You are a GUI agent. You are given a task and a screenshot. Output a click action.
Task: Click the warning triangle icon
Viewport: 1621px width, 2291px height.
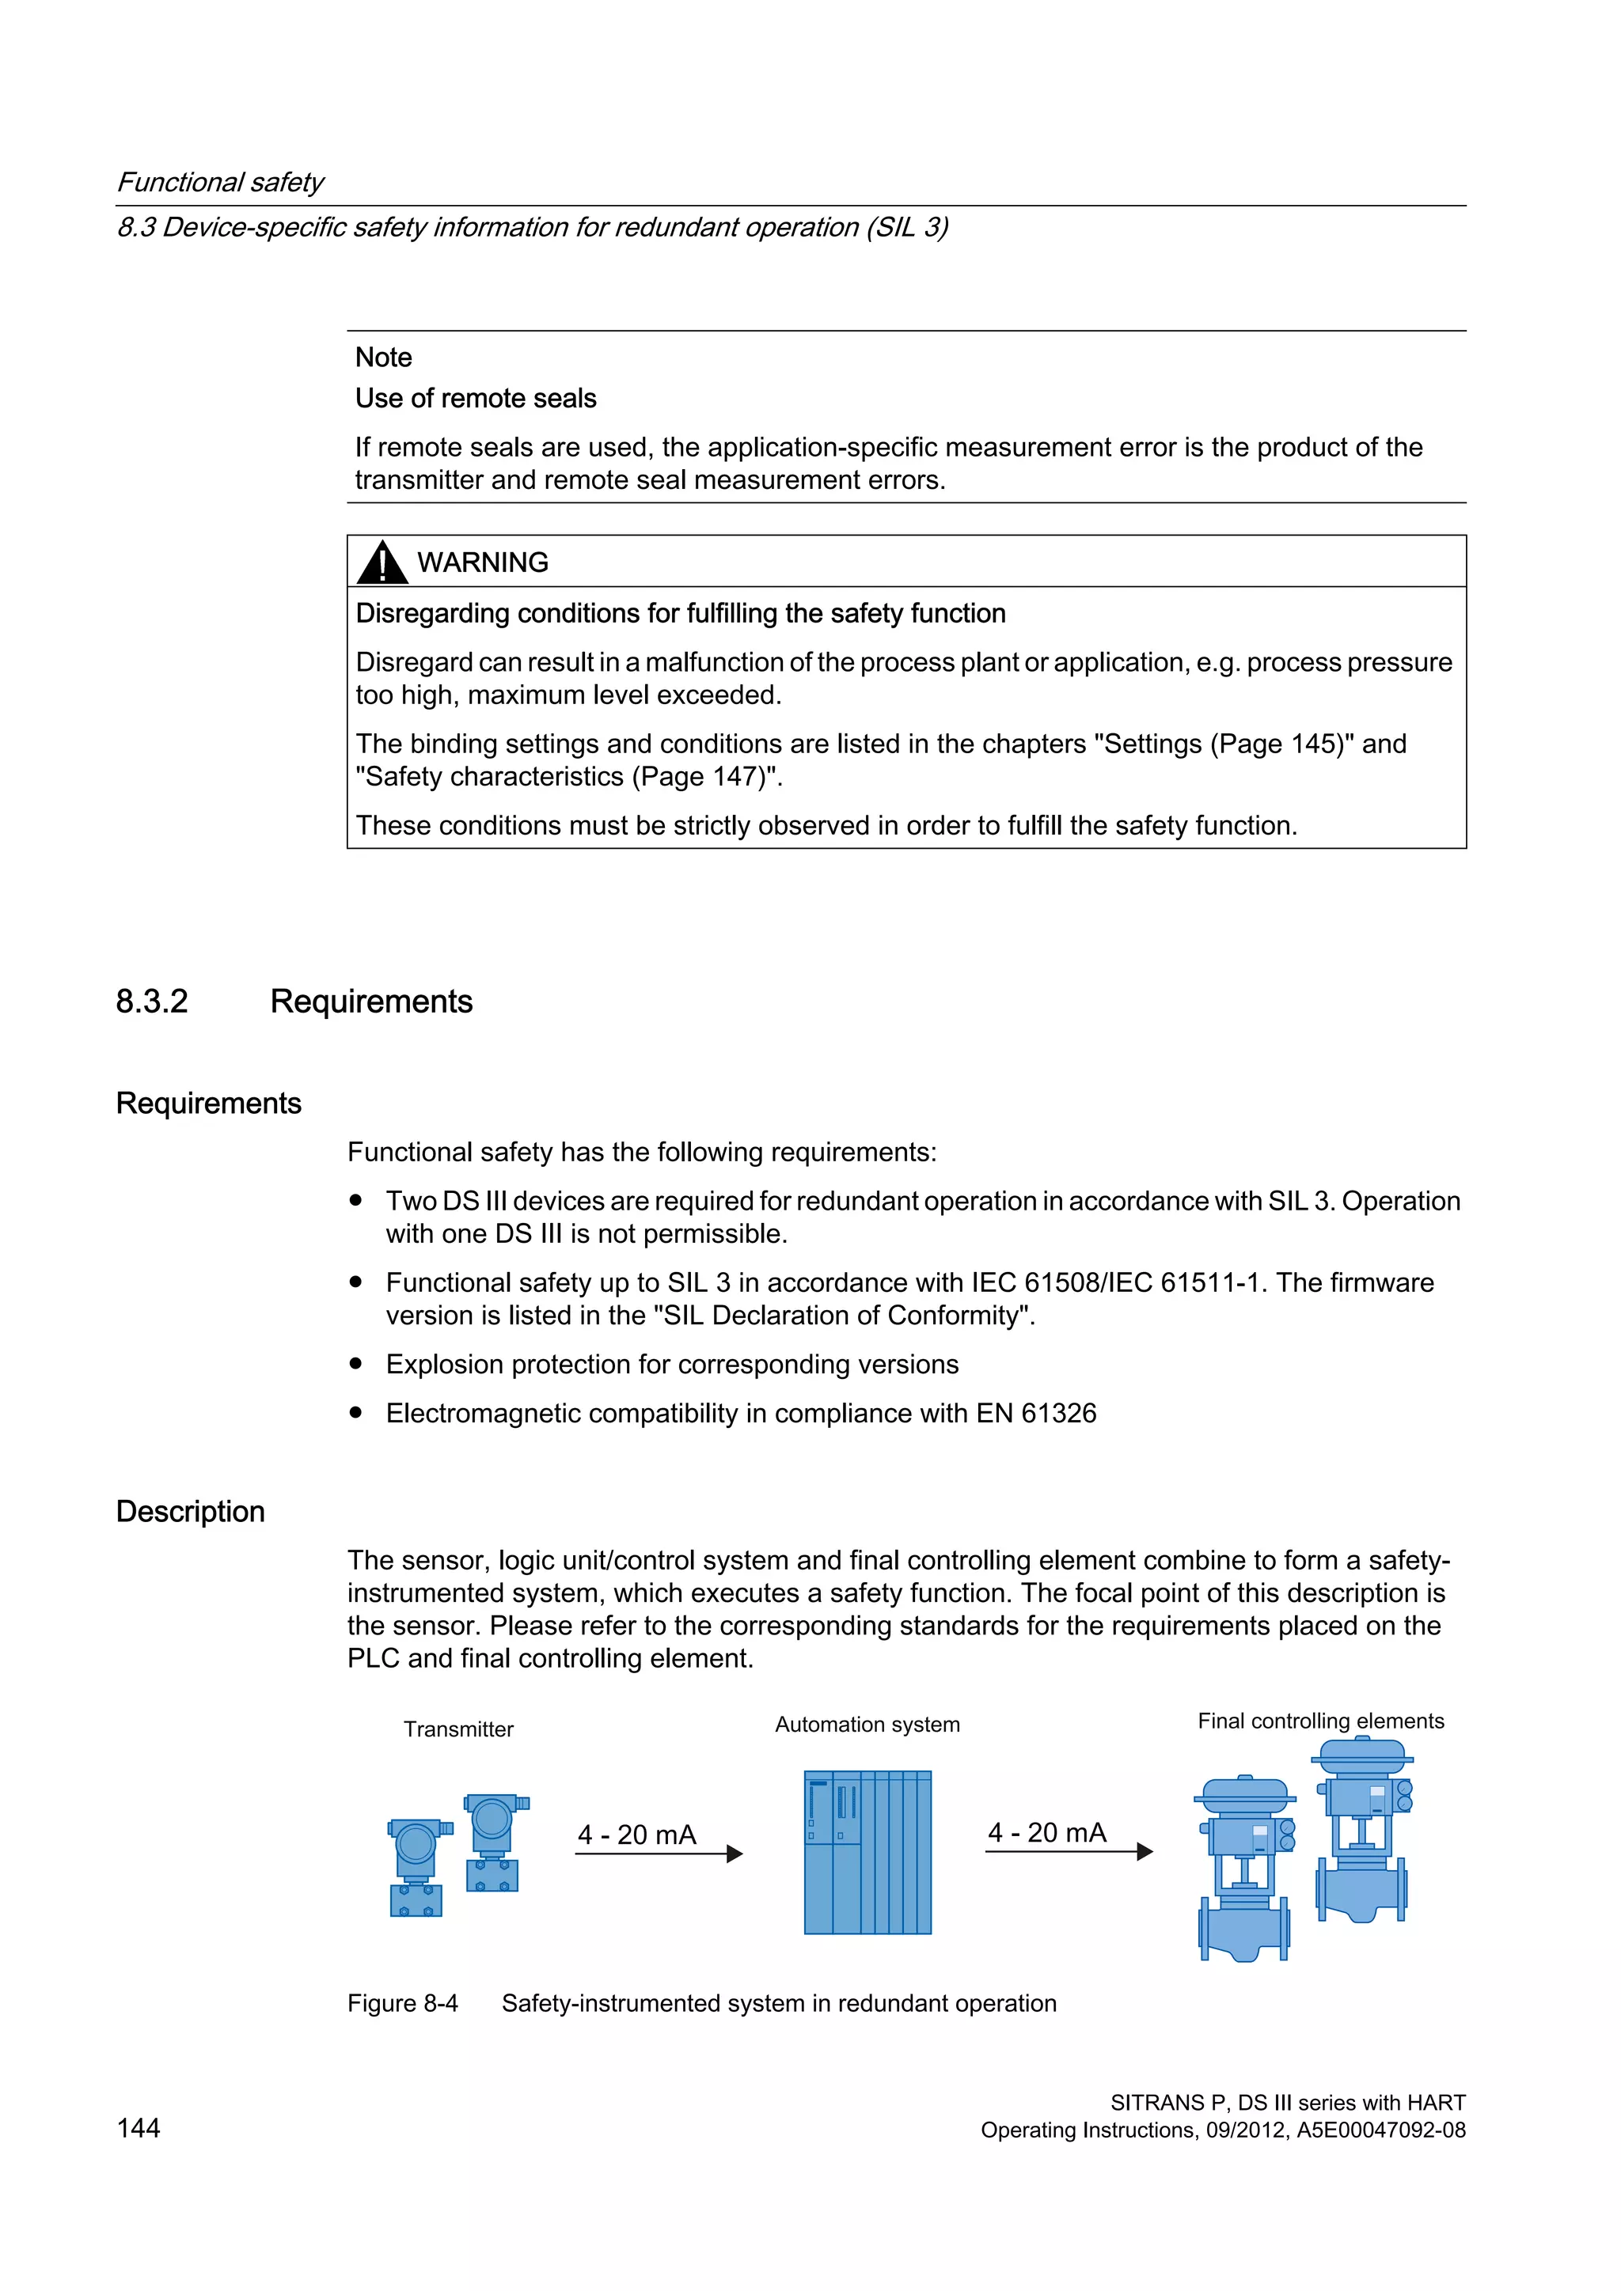pos(382,562)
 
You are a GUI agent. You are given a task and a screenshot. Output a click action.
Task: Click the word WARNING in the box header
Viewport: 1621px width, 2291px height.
pos(482,562)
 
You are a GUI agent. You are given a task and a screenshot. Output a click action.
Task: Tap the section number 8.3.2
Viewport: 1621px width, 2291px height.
pos(152,1001)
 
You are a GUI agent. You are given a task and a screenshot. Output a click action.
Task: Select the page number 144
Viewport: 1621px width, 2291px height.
pos(138,2128)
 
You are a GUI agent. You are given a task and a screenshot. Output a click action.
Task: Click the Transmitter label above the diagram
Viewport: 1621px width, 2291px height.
pos(458,1729)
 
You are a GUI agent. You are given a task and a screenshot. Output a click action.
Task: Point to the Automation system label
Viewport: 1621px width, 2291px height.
pos(867,1725)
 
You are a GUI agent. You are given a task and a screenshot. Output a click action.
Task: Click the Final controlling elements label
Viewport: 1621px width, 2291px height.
pos(1319,1721)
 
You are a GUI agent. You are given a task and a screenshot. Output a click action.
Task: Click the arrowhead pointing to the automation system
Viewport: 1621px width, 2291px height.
pos(735,1854)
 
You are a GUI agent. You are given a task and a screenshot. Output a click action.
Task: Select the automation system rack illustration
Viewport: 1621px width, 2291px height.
pos(867,1852)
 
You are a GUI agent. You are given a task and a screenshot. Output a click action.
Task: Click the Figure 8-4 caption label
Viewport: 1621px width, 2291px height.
pos(402,2004)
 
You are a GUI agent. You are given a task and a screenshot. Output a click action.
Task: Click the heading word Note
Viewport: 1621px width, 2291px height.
pos(383,358)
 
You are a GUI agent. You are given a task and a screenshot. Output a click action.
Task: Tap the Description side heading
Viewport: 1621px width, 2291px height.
pos(191,1512)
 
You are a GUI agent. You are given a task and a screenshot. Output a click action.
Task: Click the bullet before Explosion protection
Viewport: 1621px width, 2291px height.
pos(355,1363)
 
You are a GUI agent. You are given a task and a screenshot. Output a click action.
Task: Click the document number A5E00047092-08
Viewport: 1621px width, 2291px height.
pos(1380,2130)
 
